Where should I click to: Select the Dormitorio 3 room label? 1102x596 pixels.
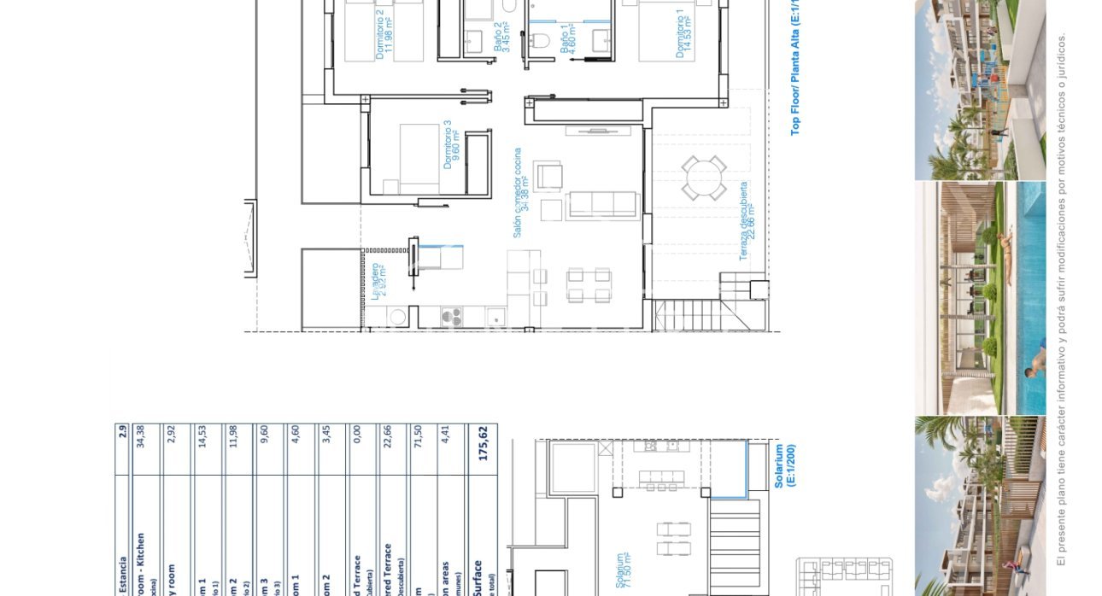(x=451, y=144)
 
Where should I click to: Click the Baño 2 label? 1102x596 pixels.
(x=502, y=38)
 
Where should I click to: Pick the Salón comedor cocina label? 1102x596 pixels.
(x=521, y=193)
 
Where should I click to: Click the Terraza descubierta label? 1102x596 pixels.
(x=747, y=221)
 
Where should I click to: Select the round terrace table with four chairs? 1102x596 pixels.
(x=704, y=178)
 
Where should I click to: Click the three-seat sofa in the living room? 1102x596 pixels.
(x=602, y=205)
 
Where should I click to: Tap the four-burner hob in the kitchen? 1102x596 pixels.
(x=451, y=316)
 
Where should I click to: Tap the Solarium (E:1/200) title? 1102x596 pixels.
(x=784, y=465)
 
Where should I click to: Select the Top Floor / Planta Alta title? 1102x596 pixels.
(x=794, y=68)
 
